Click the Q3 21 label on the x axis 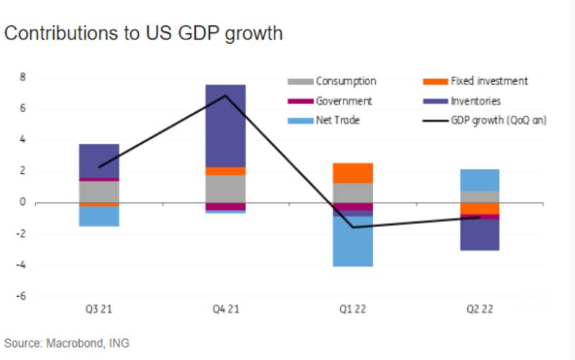tap(99, 310)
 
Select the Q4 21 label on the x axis tap(226, 310)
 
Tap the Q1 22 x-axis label tap(352, 310)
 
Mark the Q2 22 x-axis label tap(479, 310)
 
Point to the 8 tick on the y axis tap(22, 78)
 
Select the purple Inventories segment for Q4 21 tap(226, 126)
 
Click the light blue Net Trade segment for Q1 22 tap(352, 241)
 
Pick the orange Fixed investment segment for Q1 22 tap(352, 173)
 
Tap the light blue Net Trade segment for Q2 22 tap(479, 180)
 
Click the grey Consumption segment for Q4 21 tap(226, 188)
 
